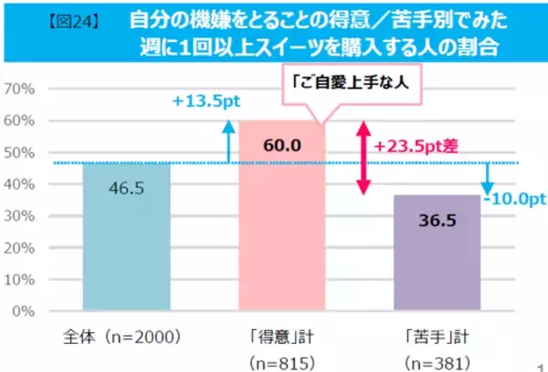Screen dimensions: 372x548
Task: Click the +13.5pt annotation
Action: click(205, 103)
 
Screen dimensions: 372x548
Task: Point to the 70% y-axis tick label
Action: click(20, 88)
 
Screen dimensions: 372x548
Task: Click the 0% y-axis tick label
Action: click(25, 311)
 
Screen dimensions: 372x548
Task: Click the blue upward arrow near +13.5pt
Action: click(226, 144)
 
